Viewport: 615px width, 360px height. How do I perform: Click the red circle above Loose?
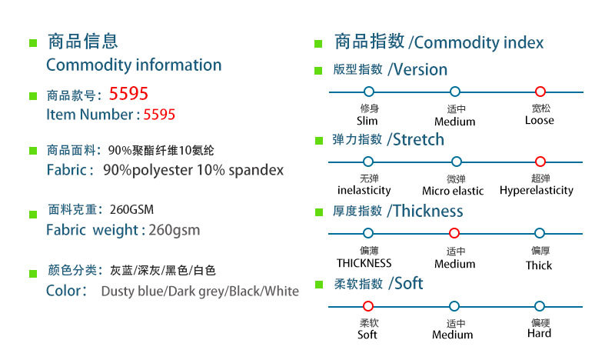[540, 92]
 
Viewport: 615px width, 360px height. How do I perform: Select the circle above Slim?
[368, 92]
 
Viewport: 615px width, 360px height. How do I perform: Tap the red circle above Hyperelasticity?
[540, 162]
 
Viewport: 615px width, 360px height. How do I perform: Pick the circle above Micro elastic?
[456, 162]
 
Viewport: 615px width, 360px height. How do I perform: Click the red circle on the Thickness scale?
[454, 233]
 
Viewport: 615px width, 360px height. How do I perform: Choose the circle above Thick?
[540, 233]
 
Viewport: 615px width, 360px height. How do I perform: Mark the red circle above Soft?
[368, 306]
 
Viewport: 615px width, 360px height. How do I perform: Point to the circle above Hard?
[540, 306]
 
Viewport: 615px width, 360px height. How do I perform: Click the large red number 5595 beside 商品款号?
[128, 95]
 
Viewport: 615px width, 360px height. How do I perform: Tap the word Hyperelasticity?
[537, 190]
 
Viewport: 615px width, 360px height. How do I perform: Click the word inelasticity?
[364, 190]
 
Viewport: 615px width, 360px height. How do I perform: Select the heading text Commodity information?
[134, 65]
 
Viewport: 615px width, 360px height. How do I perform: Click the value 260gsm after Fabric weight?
[175, 229]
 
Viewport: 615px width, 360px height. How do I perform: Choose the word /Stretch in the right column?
[416, 139]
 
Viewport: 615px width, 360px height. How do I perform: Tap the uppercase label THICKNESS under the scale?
[364, 263]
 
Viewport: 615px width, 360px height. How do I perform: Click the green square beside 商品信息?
[33, 42]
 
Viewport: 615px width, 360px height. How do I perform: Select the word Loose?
[540, 121]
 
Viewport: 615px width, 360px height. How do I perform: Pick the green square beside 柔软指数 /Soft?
[318, 285]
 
